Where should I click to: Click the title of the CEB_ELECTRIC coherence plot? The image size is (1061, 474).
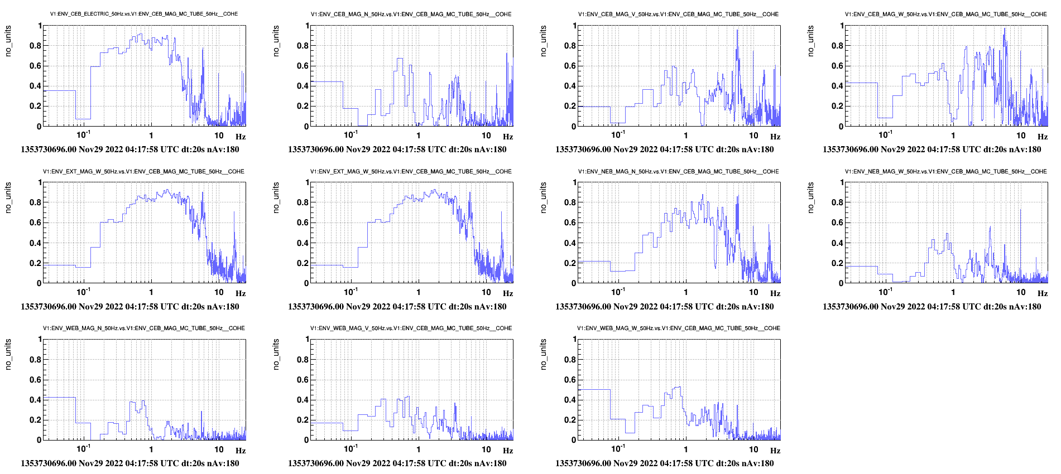144,14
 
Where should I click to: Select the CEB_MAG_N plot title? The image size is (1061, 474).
411,14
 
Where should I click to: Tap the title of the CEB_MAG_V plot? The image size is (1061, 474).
678,14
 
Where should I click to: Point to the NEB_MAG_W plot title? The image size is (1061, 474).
945,171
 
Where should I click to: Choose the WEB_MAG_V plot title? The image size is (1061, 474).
411,328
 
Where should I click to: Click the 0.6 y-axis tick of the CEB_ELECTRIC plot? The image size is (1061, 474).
36,66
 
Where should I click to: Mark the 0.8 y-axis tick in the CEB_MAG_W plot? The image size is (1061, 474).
837,46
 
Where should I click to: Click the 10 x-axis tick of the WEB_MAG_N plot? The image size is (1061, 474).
219,449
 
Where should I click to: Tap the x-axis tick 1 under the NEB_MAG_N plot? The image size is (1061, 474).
686,292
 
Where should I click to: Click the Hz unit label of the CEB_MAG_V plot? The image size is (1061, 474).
775,137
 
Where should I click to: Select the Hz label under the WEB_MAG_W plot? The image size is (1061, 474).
775,451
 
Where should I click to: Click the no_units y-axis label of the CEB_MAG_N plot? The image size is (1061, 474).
276,41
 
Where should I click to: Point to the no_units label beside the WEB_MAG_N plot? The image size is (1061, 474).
8,354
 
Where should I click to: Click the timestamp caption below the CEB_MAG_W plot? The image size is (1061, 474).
932,149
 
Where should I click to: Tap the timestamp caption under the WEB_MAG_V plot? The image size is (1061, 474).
397,463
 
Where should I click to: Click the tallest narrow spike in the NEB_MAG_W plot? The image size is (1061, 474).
1021,210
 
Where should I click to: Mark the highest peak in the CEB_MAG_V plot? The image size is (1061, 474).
737,31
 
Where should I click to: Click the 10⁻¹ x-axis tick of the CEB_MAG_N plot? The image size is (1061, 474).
351,135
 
